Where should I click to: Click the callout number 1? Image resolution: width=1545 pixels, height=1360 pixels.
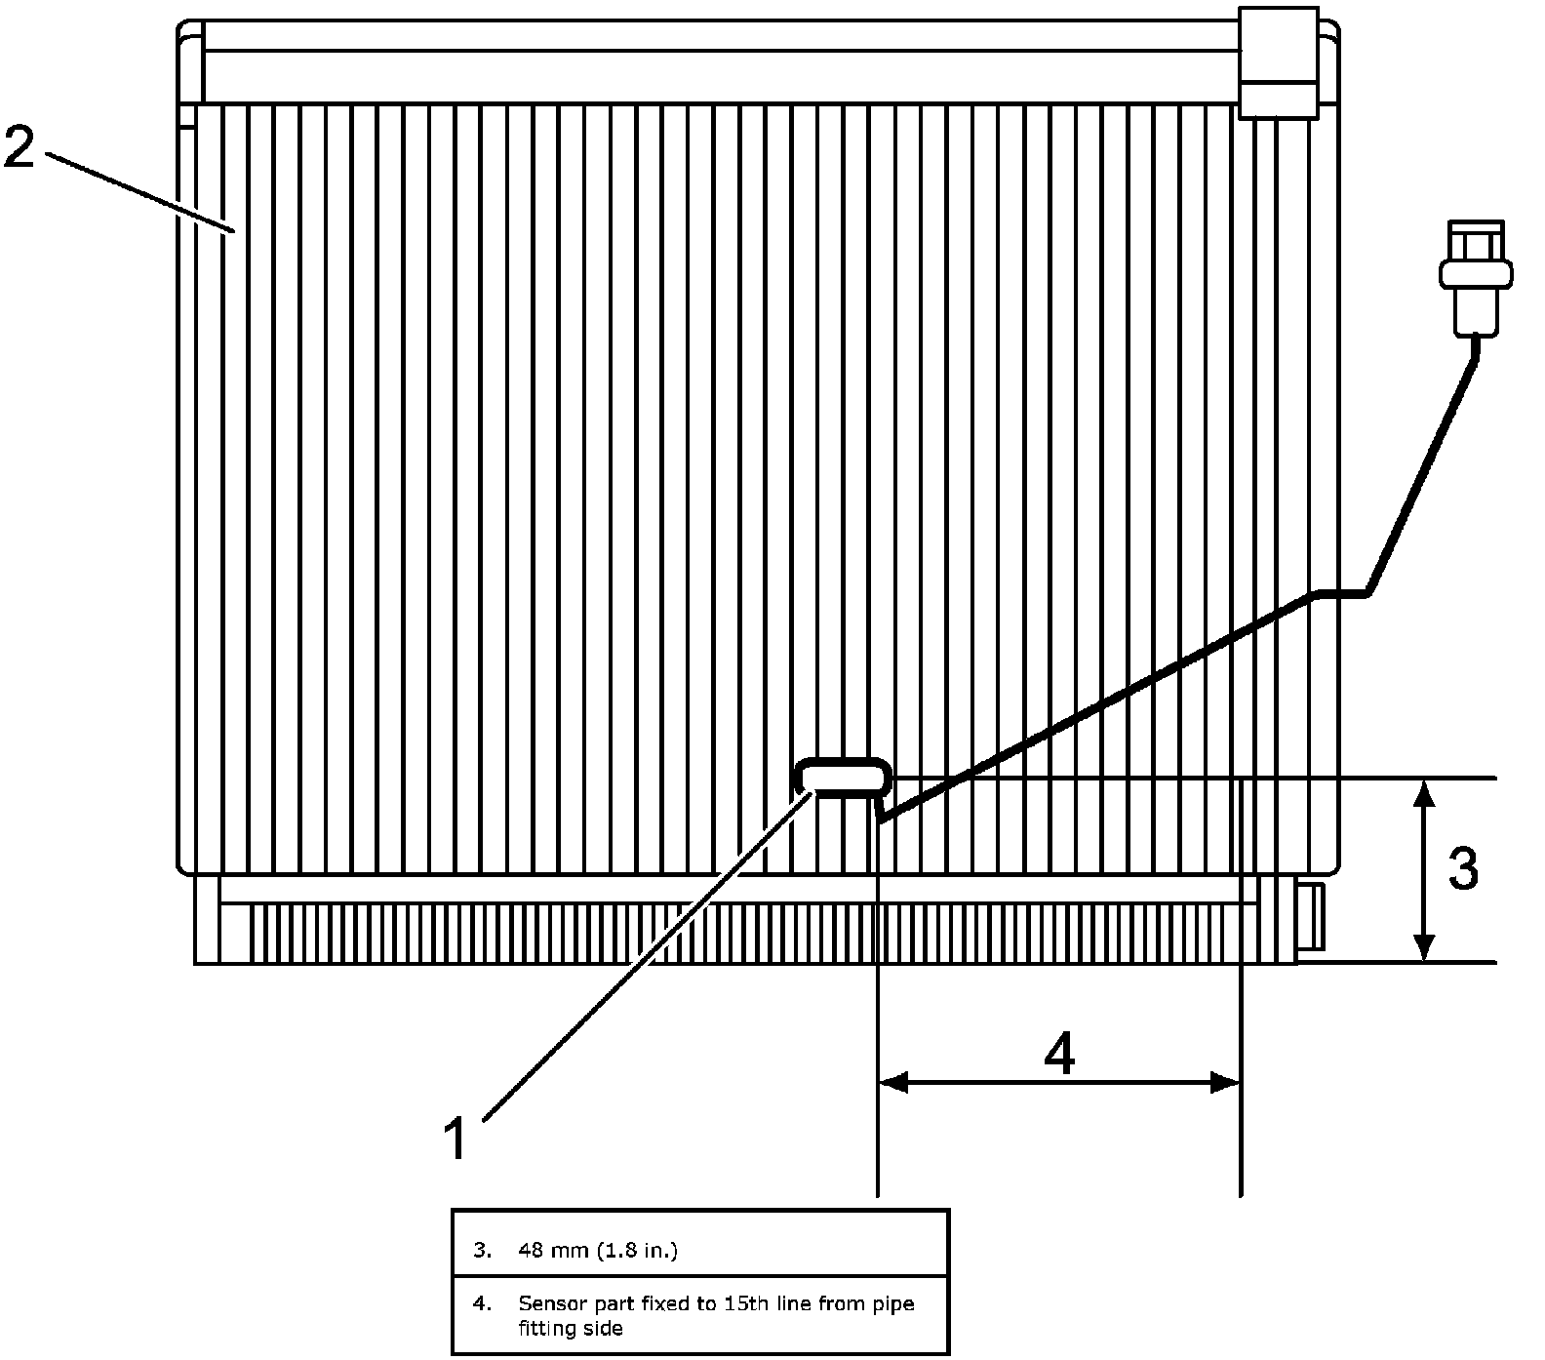point(456,1139)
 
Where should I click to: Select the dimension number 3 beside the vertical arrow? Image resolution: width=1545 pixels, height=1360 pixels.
point(1462,868)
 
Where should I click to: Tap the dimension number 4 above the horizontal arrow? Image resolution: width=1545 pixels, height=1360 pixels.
point(1059,1054)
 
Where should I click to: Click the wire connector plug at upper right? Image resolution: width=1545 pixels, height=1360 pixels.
point(1475,276)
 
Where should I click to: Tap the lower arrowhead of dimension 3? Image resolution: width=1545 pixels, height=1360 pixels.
point(1425,946)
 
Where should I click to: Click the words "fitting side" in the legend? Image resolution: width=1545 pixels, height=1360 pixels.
point(571,1328)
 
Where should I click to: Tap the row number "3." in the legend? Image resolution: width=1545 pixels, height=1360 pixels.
point(482,1250)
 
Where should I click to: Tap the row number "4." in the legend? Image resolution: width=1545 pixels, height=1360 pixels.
point(482,1303)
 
